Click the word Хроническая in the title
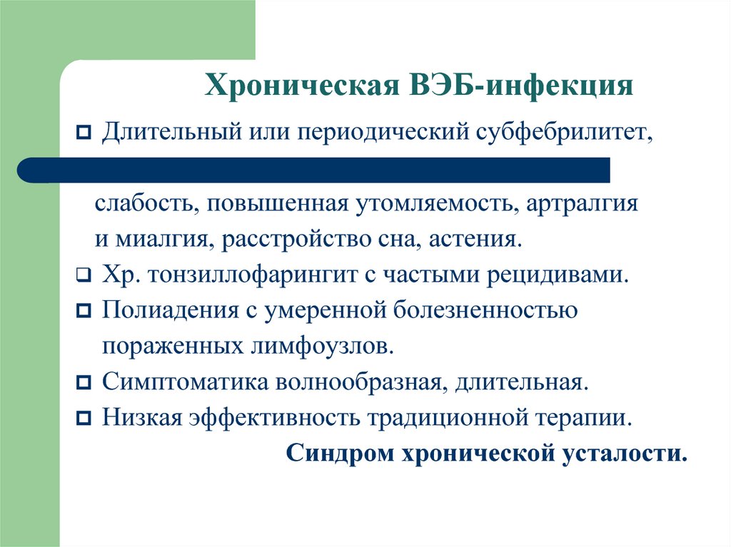point(302,86)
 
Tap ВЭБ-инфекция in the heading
point(521,86)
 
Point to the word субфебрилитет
point(564,133)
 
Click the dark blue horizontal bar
point(313,170)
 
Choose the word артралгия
point(582,205)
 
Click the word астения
point(475,240)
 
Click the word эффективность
point(274,417)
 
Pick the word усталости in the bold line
point(624,454)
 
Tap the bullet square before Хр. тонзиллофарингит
point(84,276)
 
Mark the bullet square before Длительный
point(84,133)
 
